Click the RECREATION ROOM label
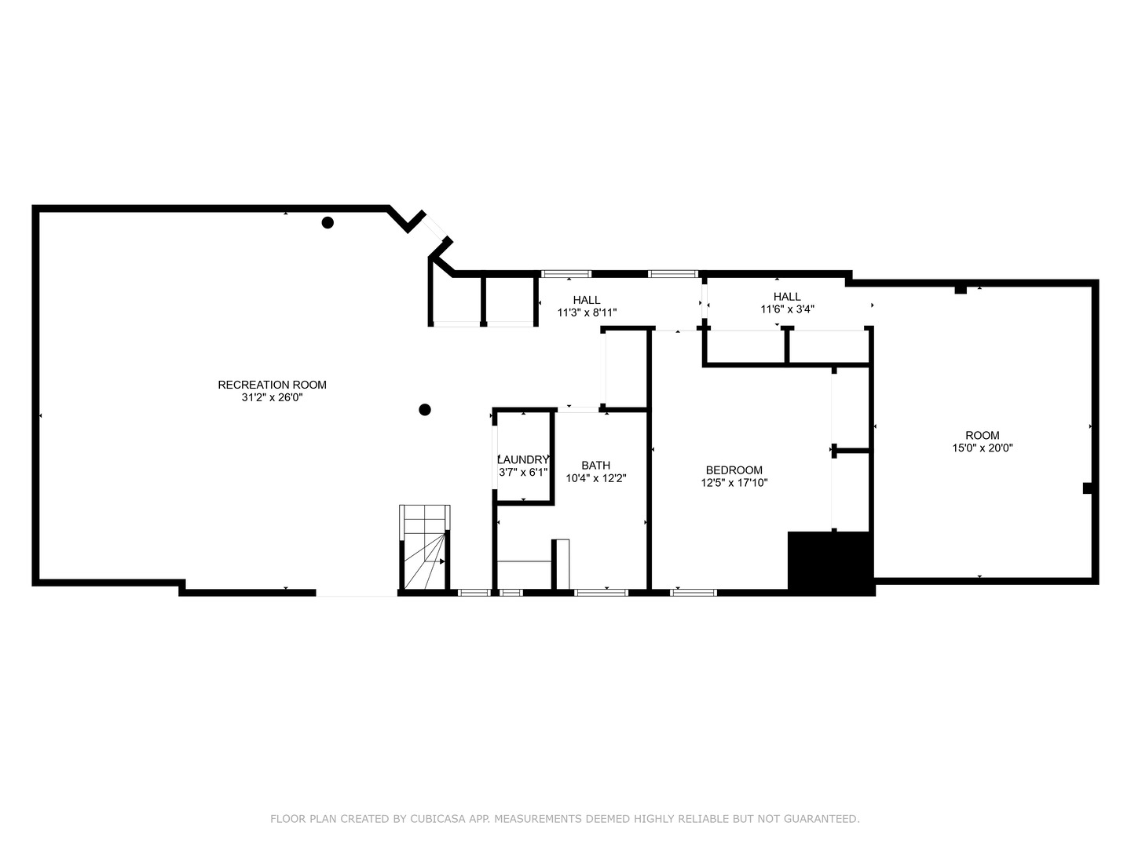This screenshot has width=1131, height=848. click(x=272, y=385)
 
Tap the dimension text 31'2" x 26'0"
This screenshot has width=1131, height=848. click(x=272, y=398)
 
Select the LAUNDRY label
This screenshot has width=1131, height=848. click(x=523, y=460)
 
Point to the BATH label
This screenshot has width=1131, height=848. click(x=595, y=466)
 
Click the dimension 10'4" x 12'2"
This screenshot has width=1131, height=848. click(x=595, y=478)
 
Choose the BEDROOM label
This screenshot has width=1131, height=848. click(x=734, y=470)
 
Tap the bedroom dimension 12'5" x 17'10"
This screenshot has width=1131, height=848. click(x=734, y=483)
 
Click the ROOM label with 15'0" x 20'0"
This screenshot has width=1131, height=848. click(x=982, y=435)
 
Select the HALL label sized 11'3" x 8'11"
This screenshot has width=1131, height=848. click(x=586, y=300)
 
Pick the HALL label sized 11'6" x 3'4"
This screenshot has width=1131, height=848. click(x=786, y=297)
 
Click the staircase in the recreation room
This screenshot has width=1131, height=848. click(x=425, y=548)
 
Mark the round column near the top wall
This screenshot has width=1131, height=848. click(x=328, y=222)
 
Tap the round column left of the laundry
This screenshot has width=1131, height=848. click(x=425, y=409)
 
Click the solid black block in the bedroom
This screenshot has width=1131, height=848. click(x=830, y=562)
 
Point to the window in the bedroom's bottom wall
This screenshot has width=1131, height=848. click(x=693, y=592)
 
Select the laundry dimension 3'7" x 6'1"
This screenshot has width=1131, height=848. click(x=523, y=473)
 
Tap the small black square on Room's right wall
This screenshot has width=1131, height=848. click(x=1088, y=488)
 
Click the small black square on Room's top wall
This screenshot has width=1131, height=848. click(x=960, y=290)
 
